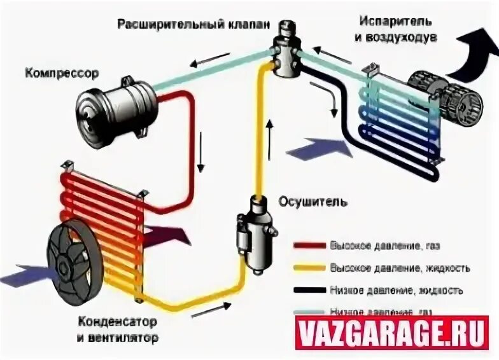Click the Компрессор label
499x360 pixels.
coord(62,73)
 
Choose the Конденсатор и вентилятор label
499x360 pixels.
coord(119,328)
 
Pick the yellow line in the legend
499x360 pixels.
coord(309,267)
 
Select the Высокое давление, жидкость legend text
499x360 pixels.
coord(399,268)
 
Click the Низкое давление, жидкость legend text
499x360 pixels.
coord(397,290)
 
